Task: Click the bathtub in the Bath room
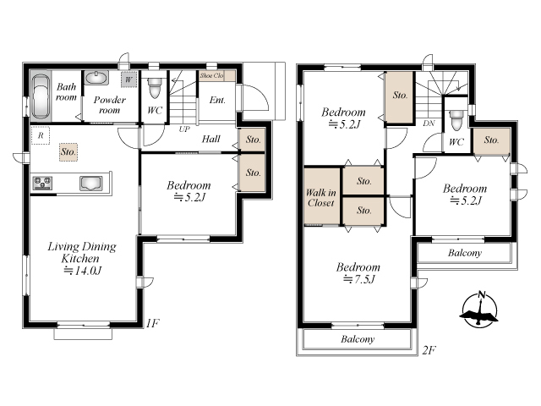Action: click(41, 96)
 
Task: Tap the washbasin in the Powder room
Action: click(97, 78)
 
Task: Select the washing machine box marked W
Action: click(128, 80)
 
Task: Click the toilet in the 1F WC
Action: click(155, 87)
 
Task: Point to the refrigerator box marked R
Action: click(41, 135)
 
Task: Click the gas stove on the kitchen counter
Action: click(43, 183)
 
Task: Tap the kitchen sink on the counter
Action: click(91, 183)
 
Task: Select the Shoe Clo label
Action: click(211, 75)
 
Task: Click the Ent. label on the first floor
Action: click(217, 100)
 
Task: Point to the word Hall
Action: click(210, 139)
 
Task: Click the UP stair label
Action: click(184, 129)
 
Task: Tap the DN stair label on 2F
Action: click(429, 123)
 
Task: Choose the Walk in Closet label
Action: click(321, 197)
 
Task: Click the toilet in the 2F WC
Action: click(456, 119)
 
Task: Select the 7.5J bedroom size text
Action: click(358, 279)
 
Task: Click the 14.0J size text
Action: click(83, 271)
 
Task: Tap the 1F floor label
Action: click(152, 323)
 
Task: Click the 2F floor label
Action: click(429, 350)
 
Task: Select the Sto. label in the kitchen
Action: click(68, 152)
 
